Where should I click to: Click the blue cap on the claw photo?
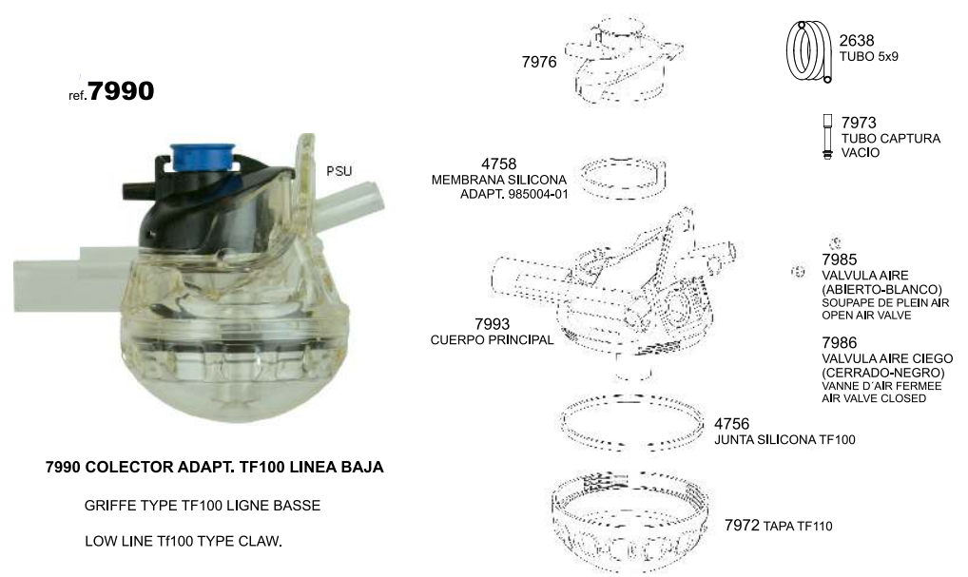[x=202, y=157]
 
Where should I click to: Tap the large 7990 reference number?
[x=121, y=91]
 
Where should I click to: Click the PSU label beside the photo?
[x=339, y=171]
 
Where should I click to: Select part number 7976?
[x=539, y=62]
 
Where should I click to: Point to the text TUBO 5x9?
[x=868, y=56]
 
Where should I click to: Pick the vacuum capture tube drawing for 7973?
[x=828, y=136]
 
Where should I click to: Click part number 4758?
[x=499, y=163]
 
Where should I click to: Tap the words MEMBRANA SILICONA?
[x=499, y=180]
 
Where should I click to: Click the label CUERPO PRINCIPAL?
[x=492, y=339]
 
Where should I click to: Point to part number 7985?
[x=839, y=260]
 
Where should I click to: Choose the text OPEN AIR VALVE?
[x=866, y=316]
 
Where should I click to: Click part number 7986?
[x=839, y=342]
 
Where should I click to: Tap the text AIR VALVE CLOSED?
[x=874, y=398]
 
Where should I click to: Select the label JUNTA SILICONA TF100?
[x=784, y=439]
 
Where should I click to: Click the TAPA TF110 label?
[x=798, y=527]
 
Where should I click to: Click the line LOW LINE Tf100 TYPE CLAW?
[x=184, y=541]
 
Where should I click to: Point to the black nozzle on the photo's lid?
[x=139, y=190]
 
